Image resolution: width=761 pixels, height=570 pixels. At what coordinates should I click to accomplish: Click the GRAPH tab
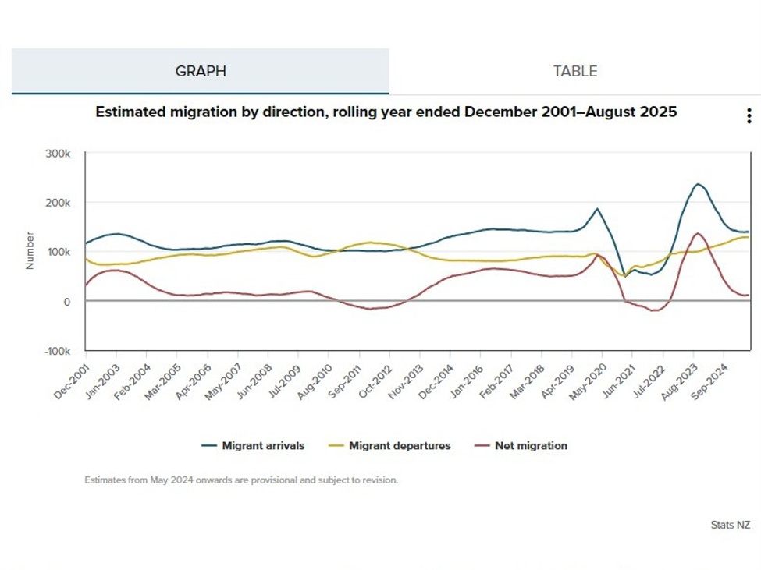coord(201,71)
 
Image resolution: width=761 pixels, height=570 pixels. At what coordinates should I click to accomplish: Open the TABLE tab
coord(575,71)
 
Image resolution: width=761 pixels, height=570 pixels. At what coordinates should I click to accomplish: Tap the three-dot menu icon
coord(749,116)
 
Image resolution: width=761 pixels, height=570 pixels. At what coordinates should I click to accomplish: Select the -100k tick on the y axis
coord(57,351)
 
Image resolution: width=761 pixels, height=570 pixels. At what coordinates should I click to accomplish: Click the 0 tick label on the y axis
coord(67,302)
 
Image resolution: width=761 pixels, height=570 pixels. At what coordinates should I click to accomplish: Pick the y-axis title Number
coord(30,250)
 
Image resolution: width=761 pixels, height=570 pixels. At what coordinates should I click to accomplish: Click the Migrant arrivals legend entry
coord(262,446)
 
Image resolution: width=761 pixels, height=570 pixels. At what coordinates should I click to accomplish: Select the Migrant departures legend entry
coord(399,446)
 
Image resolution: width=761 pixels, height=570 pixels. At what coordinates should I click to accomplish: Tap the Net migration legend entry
coord(530,446)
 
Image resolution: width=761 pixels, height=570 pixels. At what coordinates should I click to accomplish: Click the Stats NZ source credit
coord(730,525)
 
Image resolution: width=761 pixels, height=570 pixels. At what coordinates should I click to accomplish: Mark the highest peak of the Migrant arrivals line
coord(698,184)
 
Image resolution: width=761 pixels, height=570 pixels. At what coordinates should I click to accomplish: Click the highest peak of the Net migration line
coord(697,233)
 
